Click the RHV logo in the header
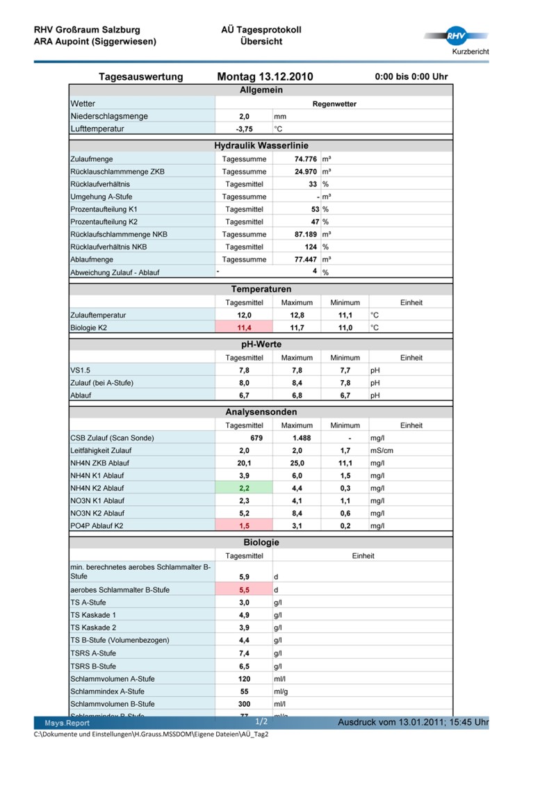pyautogui.click(x=455, y=36)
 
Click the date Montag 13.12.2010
pyautogui.click(x=265, y=76)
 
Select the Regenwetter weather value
pyautogui.click(x=334, y=104)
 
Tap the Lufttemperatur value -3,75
pyautogui.click(x=244, y=129)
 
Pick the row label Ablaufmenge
pyautogui.click(x=90, y=259)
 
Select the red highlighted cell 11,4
pyautogui.click(x=244, y=327)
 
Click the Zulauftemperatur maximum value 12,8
pyautogui.click(x=297, y=315)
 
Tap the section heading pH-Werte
pyautogui.click(x=261, y=344)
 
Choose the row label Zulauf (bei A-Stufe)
pyautogui.click(x=101, y=382)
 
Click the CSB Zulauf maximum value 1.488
pyautogui.click(x=301, y=438)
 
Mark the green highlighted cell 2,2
pyautogui.click(x=244, y=488)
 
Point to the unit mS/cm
pyautogui.click(x=382, y=450)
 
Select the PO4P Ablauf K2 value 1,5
pyautogui.click(x=244, y=525)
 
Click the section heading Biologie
pyautogui.click(x=261, y=541)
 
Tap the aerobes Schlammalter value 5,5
pyautogui.click(x=244, y=589)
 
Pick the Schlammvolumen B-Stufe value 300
pyautogui.click(x=244, y=703)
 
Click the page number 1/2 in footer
pyautogui.click(x=261, y=721)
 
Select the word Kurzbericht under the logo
pyautogui.click(x=471, y=53)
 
